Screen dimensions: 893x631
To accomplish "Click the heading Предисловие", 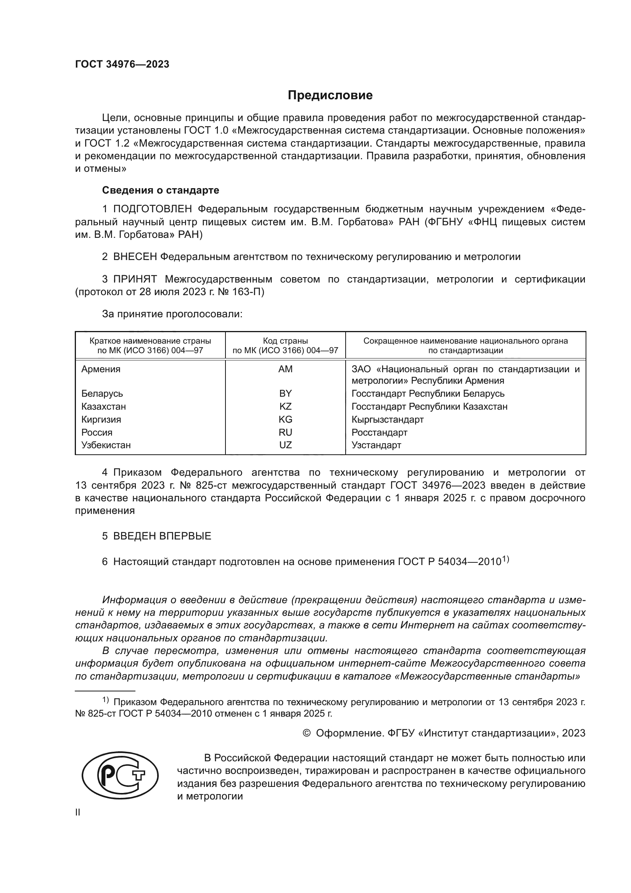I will coord(330,95).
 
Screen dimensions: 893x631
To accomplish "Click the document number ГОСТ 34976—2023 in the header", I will coord(122,64).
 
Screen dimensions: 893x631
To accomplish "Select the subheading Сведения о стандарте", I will coord(161,190).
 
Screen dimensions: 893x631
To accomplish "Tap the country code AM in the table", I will coord(285,369).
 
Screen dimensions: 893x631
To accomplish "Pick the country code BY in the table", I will coord(285,393).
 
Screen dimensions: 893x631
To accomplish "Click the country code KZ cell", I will coord(285,407).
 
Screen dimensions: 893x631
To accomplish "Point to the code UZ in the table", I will coord(285,445).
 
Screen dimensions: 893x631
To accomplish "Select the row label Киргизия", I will coord(101,419).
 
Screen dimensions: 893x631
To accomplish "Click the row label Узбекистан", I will coord(106,445).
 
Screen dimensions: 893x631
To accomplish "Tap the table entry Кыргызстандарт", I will coord(387,419).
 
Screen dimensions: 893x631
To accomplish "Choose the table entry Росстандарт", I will coord(379,432).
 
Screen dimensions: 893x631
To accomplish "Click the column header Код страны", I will coord(285,341).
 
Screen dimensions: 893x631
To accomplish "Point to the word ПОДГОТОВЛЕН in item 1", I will coord(152,209).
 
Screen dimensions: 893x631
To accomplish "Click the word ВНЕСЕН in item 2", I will coord(135,257).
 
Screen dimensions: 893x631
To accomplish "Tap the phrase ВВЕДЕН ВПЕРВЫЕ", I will coord(162,536).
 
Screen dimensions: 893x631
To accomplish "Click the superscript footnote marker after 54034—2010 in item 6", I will coord(505,559).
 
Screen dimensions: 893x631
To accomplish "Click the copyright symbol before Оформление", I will coord(306,733).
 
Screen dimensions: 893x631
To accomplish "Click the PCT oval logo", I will coord(120,775).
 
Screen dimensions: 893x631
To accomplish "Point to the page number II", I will coord(78,812).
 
